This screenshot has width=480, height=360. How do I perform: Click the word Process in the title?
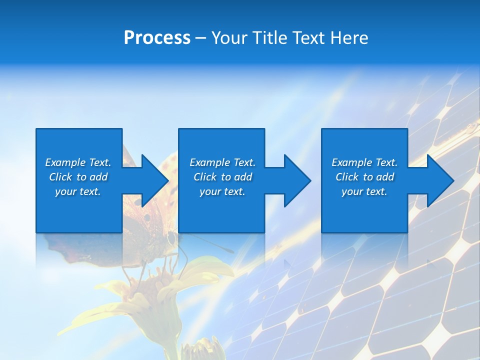pyautogui.click(x=157, y=38)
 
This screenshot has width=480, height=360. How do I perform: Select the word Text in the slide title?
pyautogui.click(x=308, y=38)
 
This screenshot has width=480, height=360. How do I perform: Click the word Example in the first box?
pyautogui.click(x=65, y=162)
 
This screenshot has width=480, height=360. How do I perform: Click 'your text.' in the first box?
pyautogui.click(x=78, y=191)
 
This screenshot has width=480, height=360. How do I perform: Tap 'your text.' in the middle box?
pyautogui.click(x=222, y=191)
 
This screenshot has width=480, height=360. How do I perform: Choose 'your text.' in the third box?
pyautogui.click(x=364, y=191)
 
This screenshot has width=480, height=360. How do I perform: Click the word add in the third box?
pyautogui.click(x=385, y=177)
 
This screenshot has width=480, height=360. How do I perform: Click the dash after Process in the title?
pyautogui.click(x=201, y=38)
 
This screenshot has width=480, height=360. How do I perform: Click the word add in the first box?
pyautogui.click(x=99, y=177)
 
